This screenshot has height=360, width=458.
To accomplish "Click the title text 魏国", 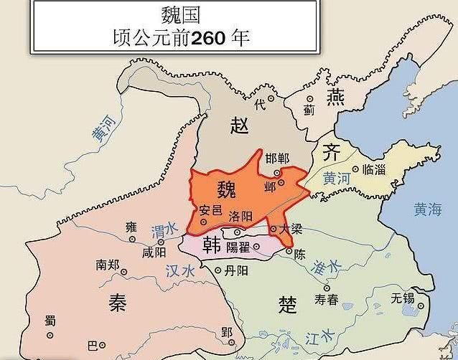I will point(176,14).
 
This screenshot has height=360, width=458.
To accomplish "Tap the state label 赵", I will point(239,125).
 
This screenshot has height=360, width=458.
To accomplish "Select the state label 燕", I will point(335,97).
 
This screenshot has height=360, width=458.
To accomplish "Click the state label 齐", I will point(331,152).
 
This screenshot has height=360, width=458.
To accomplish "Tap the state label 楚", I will point(287,305).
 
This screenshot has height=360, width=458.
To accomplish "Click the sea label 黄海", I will point(428,209).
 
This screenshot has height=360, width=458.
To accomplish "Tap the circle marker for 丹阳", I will point(218,270).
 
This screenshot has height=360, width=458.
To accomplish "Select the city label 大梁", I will point(291,229).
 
